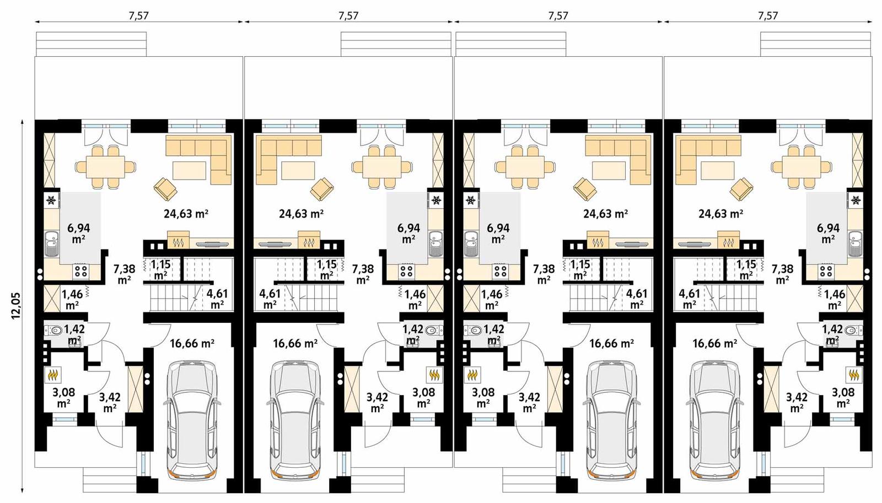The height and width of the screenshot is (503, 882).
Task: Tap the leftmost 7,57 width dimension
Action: (138, 15)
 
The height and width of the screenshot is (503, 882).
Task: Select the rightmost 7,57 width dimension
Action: (767, 15)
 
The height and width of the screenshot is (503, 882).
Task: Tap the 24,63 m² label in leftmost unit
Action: (186, 214)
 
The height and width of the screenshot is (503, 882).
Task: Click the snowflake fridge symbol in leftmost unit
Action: (51, 200)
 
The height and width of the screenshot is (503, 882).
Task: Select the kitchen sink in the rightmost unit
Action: (855, 243)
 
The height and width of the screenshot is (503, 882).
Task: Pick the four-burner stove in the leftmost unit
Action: (81, 271)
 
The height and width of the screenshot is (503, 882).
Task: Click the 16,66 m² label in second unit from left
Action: (295, 344)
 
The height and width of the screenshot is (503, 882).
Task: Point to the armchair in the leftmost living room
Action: (165, 188)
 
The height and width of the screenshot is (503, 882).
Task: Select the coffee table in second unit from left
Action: (298, 170)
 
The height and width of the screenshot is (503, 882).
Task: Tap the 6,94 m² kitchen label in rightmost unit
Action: (828, 233)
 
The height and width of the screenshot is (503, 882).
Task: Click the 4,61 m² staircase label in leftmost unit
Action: (217, 299)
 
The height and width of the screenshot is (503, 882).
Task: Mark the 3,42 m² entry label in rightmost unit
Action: (797, 402)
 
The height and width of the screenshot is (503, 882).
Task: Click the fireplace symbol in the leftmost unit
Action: (178, 241)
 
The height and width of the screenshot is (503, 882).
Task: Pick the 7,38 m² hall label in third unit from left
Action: (544, 274)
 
